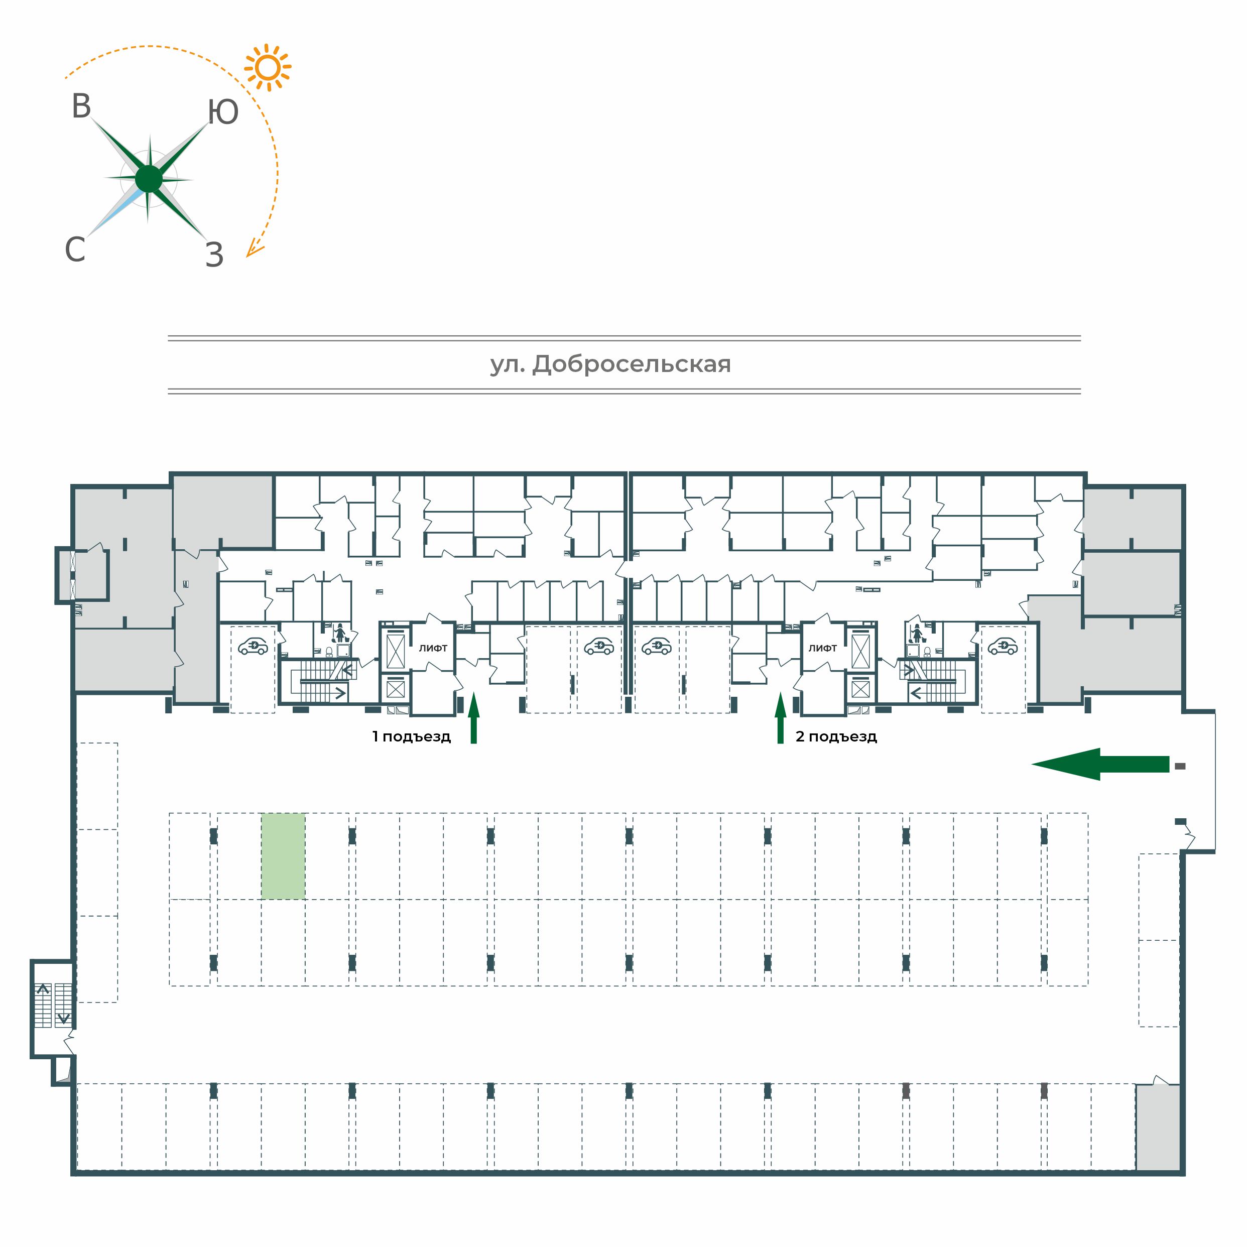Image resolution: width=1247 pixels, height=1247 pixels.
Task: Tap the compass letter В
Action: (x=81, y=106)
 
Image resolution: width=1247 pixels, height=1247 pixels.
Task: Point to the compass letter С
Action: (x=75, y=249)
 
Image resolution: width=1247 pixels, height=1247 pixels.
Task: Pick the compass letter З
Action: (x=214, y=255)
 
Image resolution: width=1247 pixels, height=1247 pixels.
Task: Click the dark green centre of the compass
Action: (x=149, y=179)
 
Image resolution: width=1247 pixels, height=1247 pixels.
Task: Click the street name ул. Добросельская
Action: (x=610, y=364)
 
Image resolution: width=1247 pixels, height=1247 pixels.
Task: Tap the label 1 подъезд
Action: (x=411, y=736)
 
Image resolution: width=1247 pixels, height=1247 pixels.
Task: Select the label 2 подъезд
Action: (x=836, y=736)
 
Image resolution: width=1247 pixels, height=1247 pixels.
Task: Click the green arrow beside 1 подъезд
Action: (x=474, y=718)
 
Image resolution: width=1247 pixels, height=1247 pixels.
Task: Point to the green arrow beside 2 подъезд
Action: (x=780, y=718)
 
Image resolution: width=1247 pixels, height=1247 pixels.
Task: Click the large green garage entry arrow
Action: (x=1100, y=764)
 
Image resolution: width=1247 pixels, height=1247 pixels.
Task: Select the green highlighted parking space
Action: (x=283, y=856)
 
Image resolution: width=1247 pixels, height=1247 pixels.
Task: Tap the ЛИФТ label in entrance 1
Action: (x=433, y=648)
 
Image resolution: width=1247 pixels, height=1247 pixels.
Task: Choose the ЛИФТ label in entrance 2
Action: (x=823, y=648)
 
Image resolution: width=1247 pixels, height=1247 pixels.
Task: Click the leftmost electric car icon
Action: (x=253, y=646)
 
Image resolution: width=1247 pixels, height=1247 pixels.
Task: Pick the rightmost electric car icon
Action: (x=1003, y=646)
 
